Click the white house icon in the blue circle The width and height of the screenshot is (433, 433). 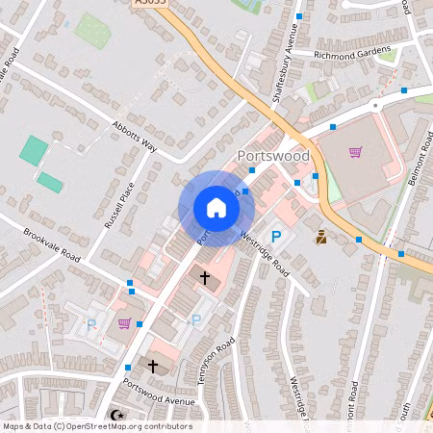click(216, 207)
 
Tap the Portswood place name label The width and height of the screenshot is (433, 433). click(273, 156)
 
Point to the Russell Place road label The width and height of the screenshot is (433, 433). click(118, 197)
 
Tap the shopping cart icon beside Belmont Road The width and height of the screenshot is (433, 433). click(356, 152)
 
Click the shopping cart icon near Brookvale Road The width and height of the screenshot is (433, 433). click(123, 323)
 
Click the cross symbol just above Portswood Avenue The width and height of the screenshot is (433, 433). click(152, 366)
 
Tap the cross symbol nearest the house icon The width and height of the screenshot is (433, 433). click(204, 277)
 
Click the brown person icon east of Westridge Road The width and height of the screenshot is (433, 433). click(320, 237)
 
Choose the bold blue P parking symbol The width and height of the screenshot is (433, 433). click(276, 237)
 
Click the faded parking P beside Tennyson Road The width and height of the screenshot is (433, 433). click(197, 320)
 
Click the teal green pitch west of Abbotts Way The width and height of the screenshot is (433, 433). click(34, 149)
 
